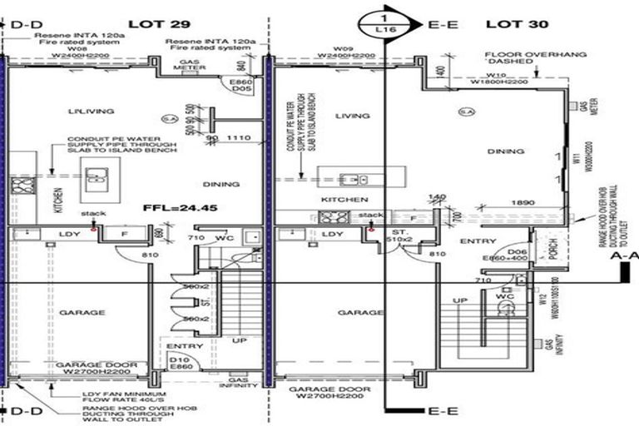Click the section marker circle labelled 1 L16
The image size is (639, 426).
pyautogui.click(x=384, y=23)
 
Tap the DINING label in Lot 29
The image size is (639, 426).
pyautogui.click(x=220, y=184)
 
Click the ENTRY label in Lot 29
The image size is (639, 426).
pyautogui.click(x=180, y=345)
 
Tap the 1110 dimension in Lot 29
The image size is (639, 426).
pyautogui.click(x=239, y=138)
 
